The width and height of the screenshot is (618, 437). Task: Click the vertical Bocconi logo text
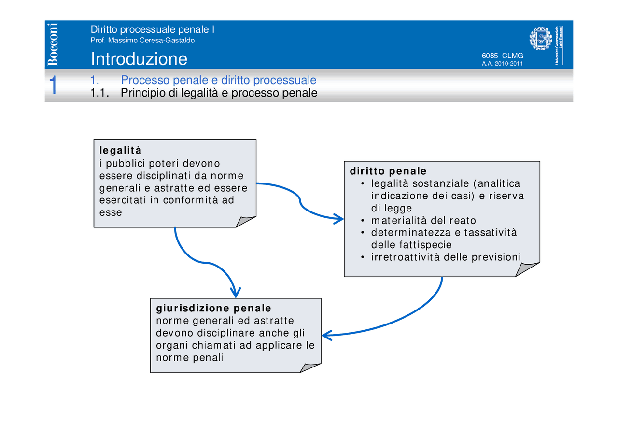(53, 44)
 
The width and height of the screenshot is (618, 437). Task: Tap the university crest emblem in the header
(540, 39)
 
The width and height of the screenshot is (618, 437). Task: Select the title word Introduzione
(139, 59)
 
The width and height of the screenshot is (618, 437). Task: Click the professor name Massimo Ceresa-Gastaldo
(142, 40)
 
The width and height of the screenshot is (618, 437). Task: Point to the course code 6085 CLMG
(502, 56)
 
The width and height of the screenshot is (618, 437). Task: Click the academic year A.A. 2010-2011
(502, 64)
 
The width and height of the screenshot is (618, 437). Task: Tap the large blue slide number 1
(54, 85)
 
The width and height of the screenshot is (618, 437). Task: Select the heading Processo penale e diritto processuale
(218, 80)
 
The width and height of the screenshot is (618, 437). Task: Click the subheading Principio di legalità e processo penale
(219, 93)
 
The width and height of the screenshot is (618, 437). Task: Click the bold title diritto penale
(388, 171)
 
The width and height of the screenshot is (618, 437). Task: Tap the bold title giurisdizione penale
(213, 308)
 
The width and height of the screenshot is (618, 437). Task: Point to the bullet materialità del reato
(423, 221)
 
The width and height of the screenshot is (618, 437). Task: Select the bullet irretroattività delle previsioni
(446, 257)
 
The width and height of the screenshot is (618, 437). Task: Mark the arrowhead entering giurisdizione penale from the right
(326, 335)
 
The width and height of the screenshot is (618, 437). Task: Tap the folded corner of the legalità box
(245, 222)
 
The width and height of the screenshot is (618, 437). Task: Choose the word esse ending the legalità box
(111, 212)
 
